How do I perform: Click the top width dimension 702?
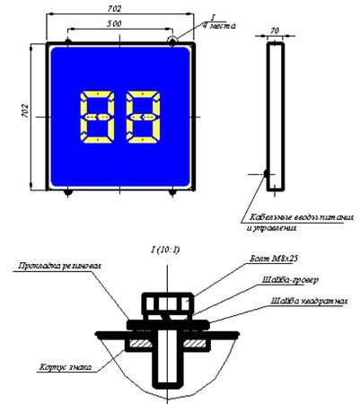pos(119,7)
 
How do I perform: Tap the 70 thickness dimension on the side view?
pos(276,31)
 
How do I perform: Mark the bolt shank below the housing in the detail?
pos(167,368)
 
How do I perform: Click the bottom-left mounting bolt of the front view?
pos(68,191)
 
